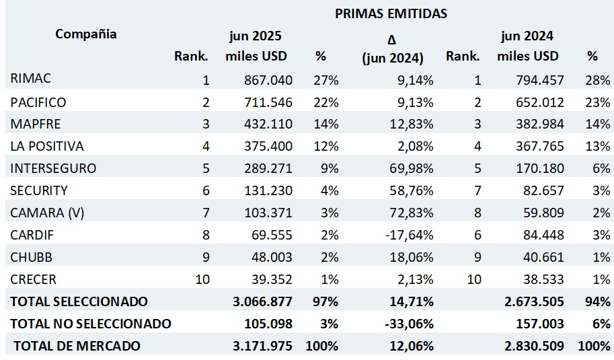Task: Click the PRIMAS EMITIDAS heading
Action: tap(390, 13)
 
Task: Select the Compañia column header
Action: tap(85, 34)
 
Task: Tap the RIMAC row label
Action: tap(31, 79)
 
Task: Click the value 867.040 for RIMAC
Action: tap(268, 80)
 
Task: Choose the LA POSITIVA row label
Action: tap(47, 146)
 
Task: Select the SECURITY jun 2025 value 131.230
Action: tap(268, 190)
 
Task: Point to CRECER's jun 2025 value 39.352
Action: tap(271, 279)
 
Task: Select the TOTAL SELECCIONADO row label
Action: tap(79, 301)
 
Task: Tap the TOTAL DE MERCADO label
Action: tap(77, 346)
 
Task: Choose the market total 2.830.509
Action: tap(533, 346)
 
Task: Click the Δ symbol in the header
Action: tap(392, 40)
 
